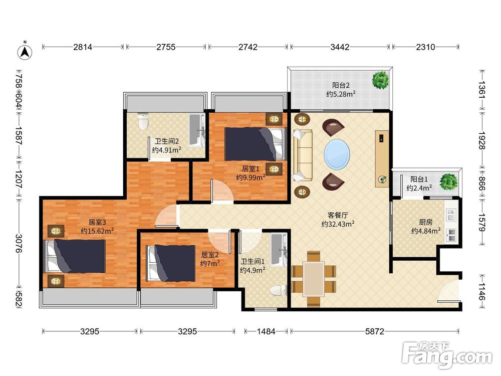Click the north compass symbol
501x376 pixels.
[x=25, y=51]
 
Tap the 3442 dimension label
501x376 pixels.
[x=340, y=47]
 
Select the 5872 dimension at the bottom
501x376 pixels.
[x=374, y=331]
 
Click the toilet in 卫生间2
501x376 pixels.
[x=142, y=121]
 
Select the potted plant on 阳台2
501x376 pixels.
[x=381, y=80]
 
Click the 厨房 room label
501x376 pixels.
[x=425, y=222]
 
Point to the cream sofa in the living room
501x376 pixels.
[x=302, y=155]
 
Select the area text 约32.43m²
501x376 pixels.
[x=338, y=224]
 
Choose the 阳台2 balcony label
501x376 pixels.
[x=341, y=85]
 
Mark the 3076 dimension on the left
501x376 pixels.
[x=19, y=243]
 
